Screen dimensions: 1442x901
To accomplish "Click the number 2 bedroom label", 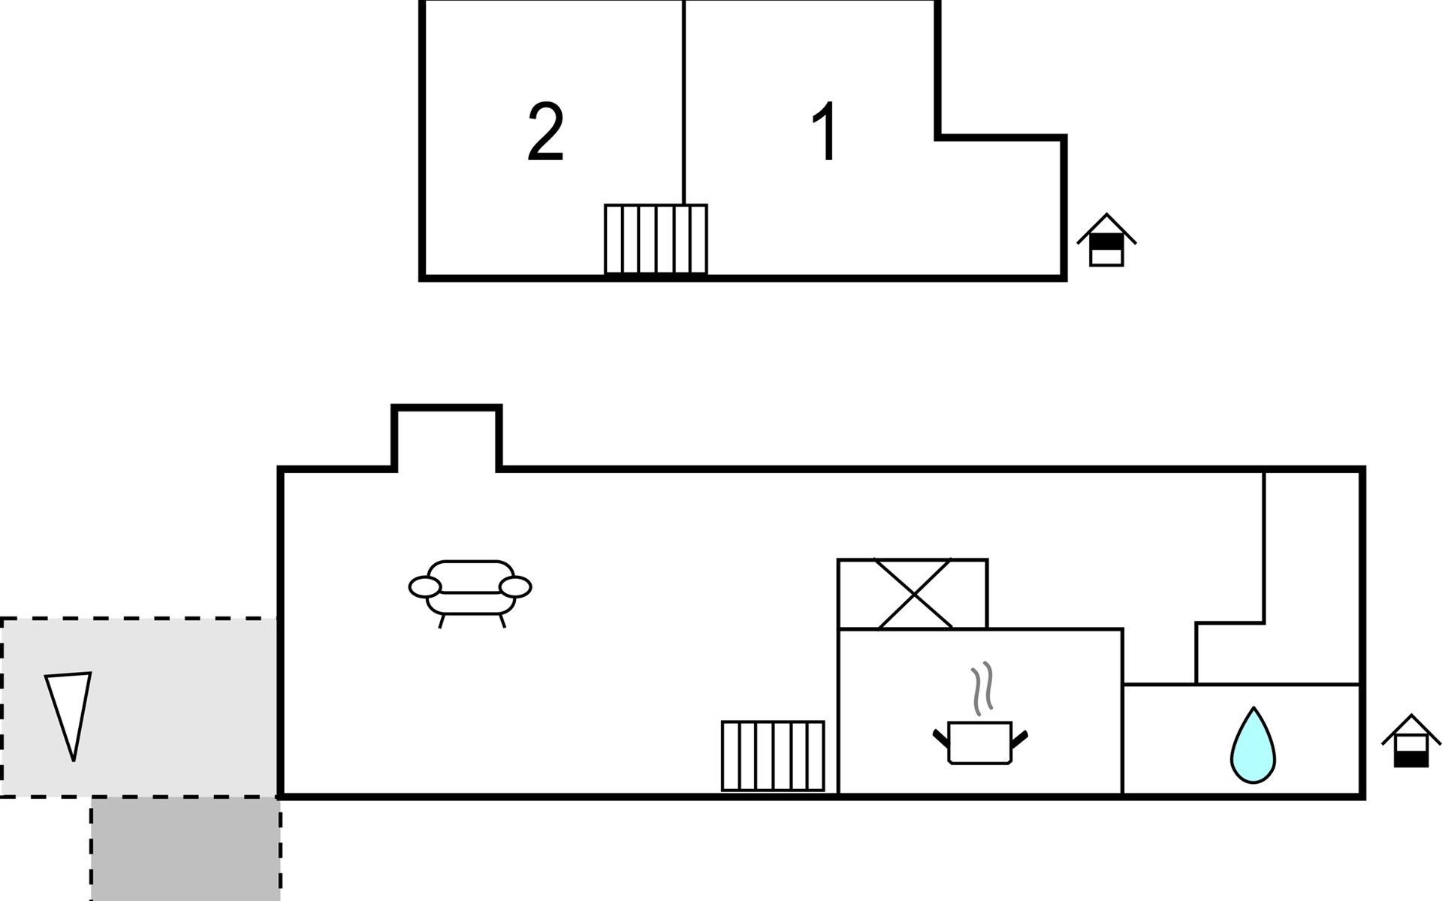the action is pos(546,132).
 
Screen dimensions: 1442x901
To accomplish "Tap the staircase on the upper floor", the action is pos(656,240).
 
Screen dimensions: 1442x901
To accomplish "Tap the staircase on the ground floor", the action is pos(773,756).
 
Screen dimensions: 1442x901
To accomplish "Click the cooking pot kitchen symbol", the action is pos(980,742).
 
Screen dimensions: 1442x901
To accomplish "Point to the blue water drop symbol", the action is pos(1253,745).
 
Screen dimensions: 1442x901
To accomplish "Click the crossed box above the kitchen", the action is pos(913,594).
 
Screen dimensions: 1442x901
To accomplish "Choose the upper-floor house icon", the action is pos(1106,240).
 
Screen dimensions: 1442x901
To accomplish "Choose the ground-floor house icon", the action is pos(1411,741).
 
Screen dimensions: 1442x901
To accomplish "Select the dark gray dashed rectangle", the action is pos(186,849).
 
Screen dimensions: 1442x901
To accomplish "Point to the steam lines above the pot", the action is pos(982,689).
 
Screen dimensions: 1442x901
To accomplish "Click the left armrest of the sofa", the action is pos(425,587).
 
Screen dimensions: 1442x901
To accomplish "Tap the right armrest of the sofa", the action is pos(515,587).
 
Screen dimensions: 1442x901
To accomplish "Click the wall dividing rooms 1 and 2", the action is pos(684,102).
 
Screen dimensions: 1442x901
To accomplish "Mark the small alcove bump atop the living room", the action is pos(447,438).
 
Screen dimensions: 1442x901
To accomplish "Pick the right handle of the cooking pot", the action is pos(1020,739).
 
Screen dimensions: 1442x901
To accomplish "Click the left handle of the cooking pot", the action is pos(941,739).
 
